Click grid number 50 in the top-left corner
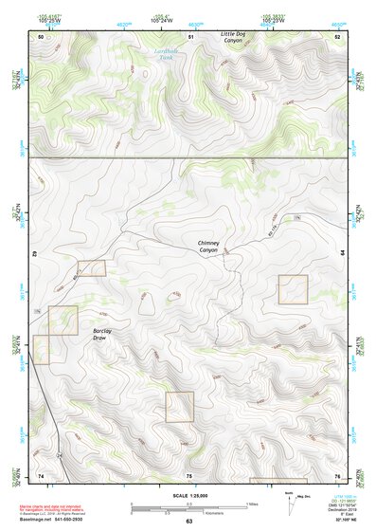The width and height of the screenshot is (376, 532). pos(41,36)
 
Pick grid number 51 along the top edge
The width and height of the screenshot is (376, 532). pos(190,36)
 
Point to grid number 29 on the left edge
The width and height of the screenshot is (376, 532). pos(32,254)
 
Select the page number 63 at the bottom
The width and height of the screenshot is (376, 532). pos(188,522)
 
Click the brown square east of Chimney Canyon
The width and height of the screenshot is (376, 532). pos(293,289)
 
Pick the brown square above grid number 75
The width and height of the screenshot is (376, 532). pos(179,407)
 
